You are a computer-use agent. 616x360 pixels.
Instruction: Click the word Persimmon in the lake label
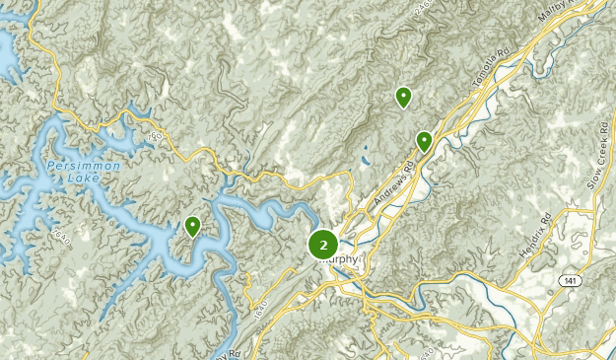[x=83, y=167]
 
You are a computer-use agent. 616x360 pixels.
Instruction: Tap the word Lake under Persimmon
[x=83, y=180]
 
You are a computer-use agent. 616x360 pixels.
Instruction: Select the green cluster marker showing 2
[x=323, y=244]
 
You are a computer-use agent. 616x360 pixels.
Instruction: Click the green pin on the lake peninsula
[x=192, y=227]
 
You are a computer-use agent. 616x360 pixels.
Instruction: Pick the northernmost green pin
[x=403, y=97]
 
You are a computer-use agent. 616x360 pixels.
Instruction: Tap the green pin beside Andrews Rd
[x=424, y=141]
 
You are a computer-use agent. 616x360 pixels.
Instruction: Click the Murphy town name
[x=339, y=260]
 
